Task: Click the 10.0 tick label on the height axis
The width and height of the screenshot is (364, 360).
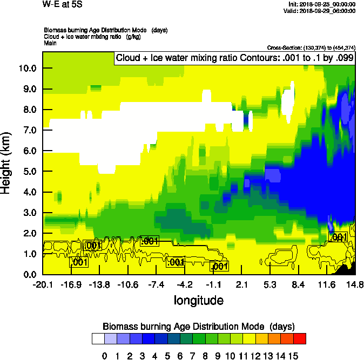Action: pos(27,69)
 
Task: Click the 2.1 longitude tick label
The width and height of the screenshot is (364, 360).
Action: pos(241,285)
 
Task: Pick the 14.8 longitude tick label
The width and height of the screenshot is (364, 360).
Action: pos(354,285)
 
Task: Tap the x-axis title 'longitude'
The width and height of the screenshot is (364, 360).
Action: pos(199,300)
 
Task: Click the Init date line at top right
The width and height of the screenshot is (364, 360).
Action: pos(322,4)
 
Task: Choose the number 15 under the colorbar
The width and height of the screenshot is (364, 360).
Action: pos(294,356)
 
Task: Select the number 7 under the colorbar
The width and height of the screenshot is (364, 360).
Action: pos(186,356)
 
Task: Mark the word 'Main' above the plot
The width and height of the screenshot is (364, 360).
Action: pos(51,42)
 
